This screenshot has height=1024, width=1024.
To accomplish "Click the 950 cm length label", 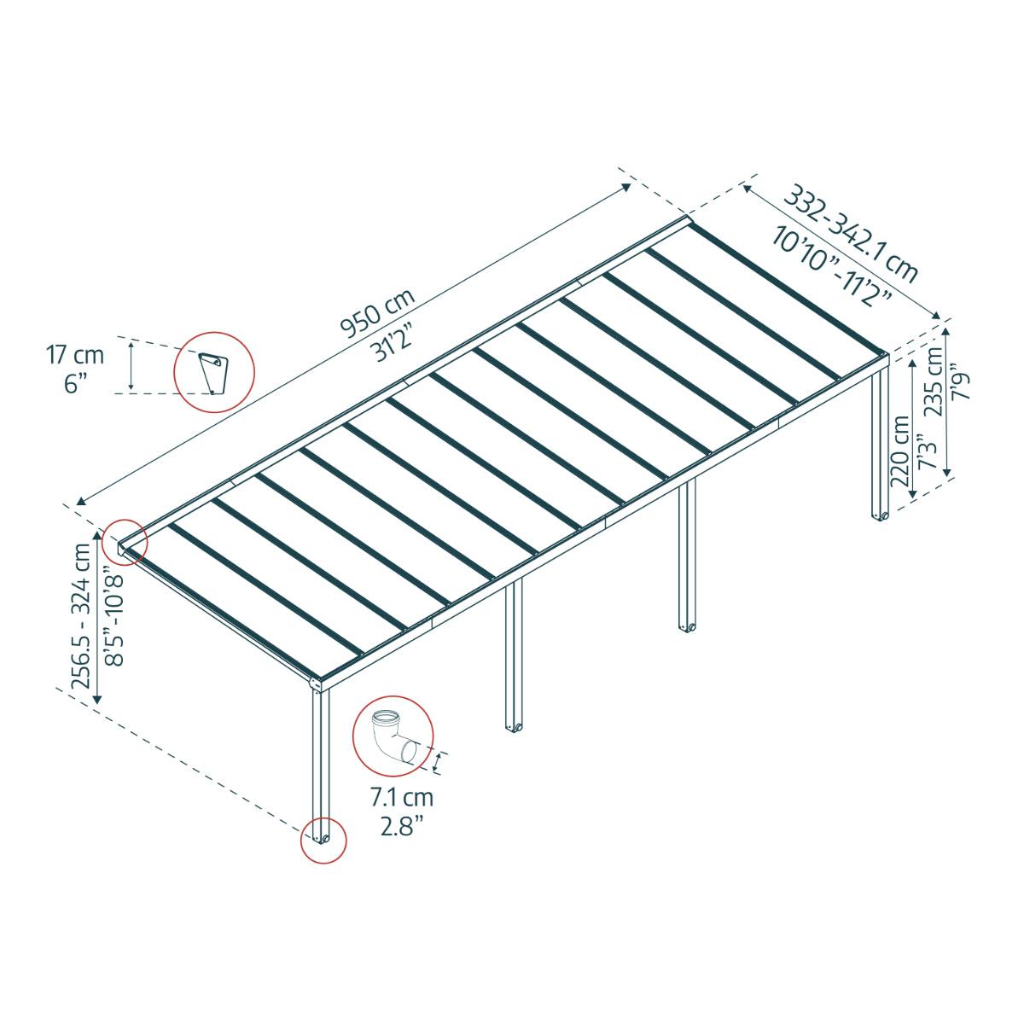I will coord(377,314).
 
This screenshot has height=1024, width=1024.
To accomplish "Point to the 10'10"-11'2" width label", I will coord(831,265).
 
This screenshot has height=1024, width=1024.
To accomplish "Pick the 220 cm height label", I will coord(899,451).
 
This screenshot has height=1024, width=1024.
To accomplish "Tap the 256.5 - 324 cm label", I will coord(82,617).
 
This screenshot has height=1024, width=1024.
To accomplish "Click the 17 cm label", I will coord(74,353).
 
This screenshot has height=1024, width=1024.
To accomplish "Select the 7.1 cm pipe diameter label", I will coord(401,798).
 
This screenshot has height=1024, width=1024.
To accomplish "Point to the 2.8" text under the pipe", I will coord(401,827).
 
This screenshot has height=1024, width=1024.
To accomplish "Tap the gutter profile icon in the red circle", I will coord(213,372).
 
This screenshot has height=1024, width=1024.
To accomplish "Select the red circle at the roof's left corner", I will coord(125,543).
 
